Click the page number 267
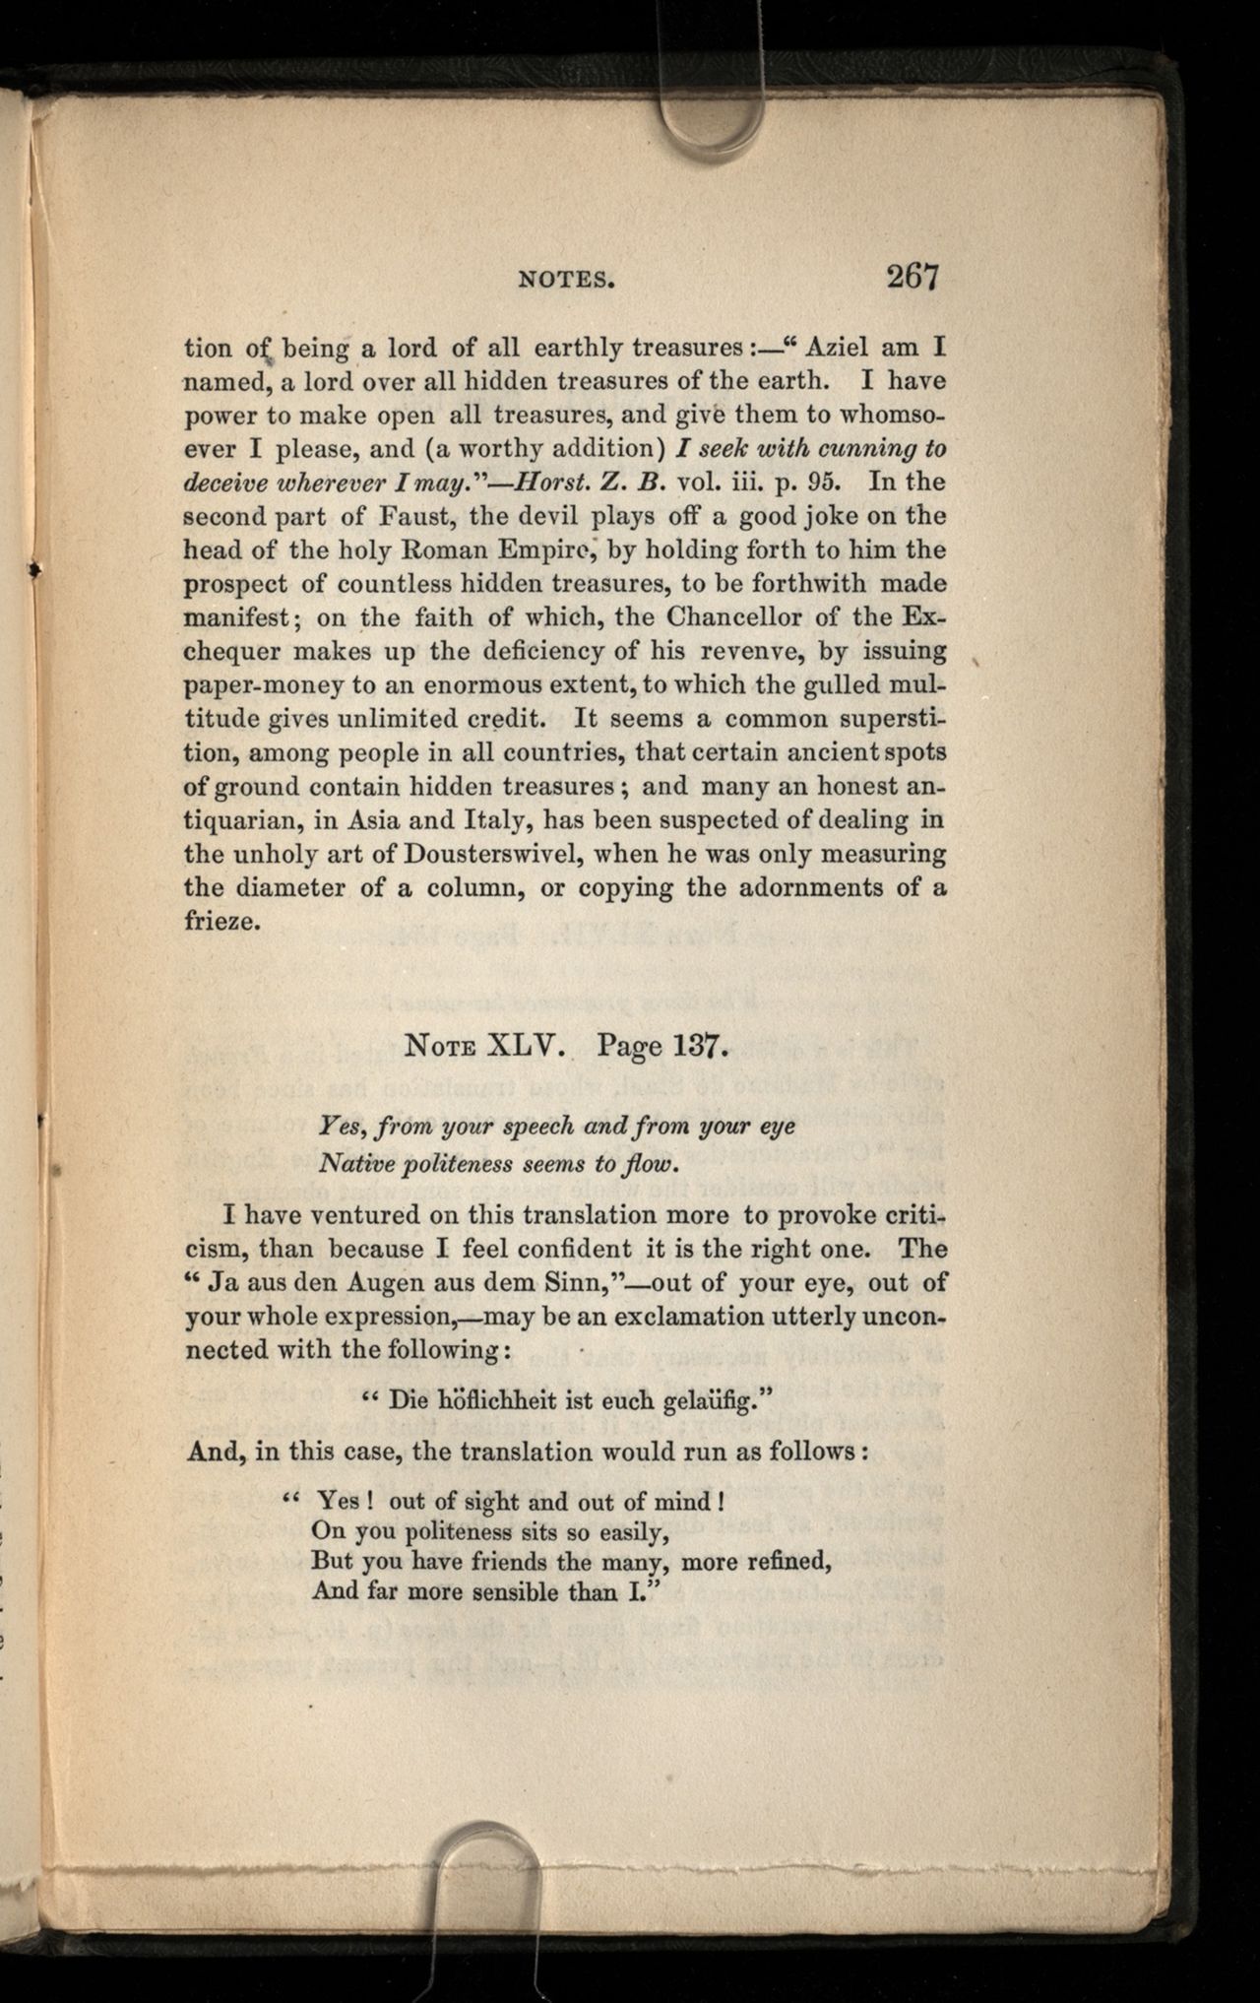tap(912, 276)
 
